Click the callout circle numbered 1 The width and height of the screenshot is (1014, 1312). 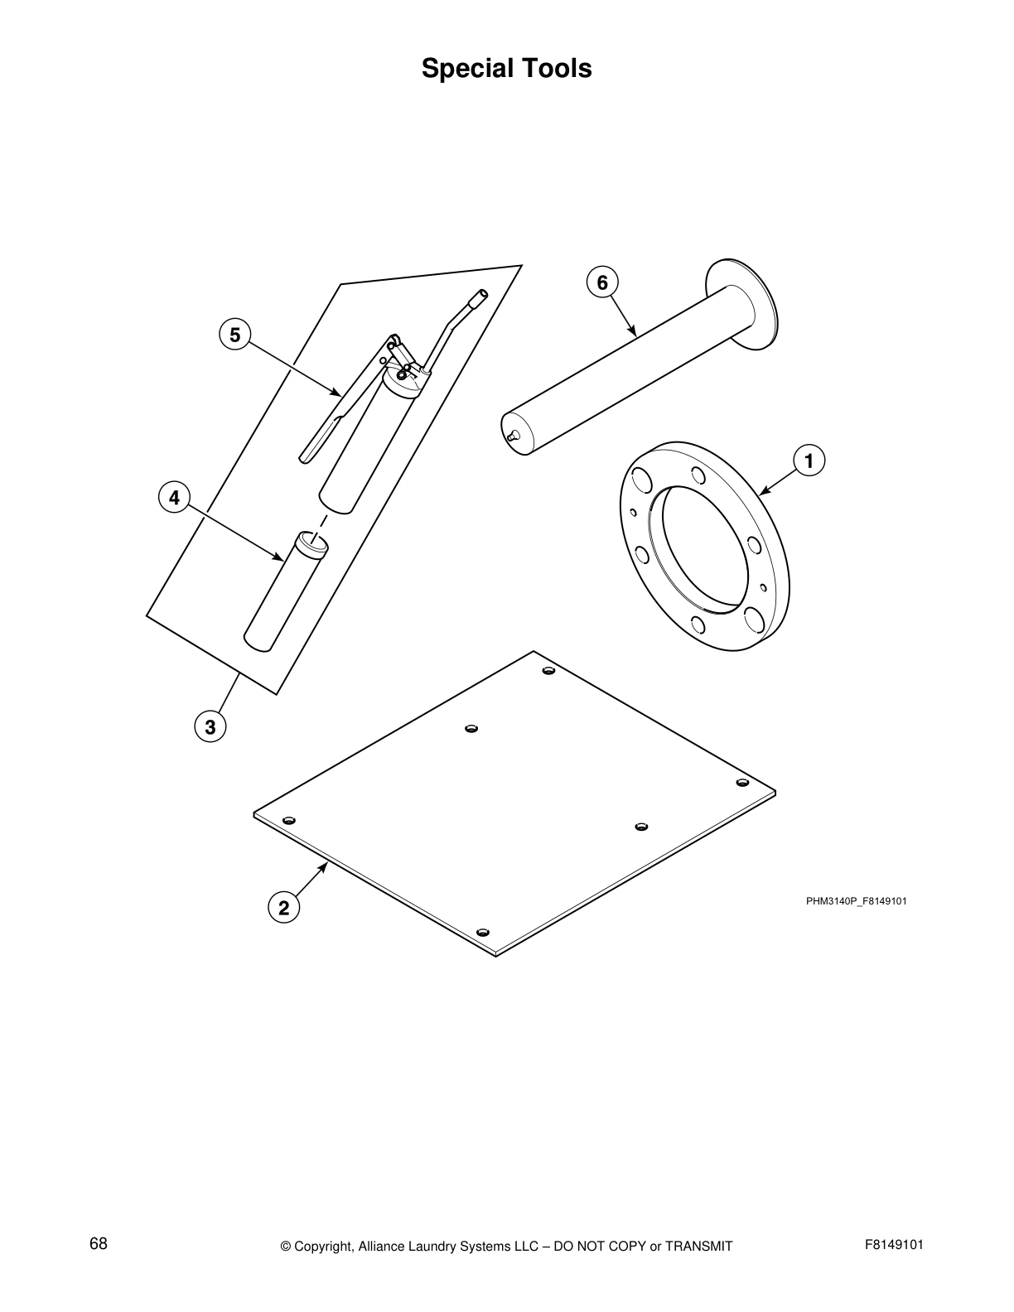808,461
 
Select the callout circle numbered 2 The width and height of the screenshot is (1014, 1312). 283,908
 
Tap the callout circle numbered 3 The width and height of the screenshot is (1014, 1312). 210,727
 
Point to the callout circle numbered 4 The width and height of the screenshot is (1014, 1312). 174,498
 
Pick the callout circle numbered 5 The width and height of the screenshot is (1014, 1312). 235,335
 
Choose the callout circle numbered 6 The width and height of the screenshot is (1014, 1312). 602,282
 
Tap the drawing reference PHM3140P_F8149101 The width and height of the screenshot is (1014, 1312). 856,901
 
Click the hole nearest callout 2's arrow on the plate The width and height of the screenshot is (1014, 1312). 289,821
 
